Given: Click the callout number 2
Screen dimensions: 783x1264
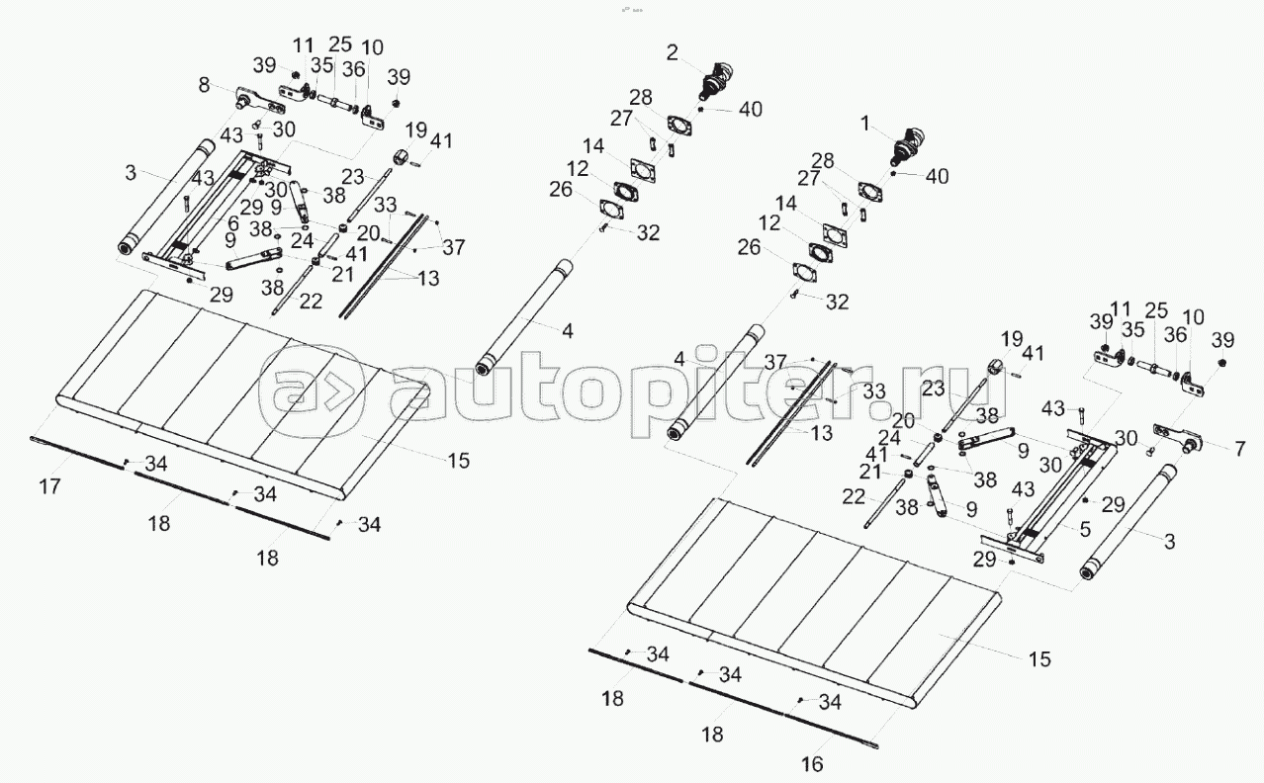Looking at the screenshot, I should pos(672,52).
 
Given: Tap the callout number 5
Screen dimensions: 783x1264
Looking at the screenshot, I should pos(1085,530).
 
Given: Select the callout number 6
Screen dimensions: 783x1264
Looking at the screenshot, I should pos(234,224).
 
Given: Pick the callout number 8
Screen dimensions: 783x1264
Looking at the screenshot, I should pos(205,86).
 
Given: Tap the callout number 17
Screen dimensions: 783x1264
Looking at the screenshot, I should pos(50,486).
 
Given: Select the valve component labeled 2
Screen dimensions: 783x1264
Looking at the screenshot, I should pos(714,78).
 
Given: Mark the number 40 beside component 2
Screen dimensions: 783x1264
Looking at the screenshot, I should pos(751,110).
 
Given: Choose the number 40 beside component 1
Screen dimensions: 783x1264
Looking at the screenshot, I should pos(937,176).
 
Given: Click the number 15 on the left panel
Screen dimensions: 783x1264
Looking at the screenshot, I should pos(458,460).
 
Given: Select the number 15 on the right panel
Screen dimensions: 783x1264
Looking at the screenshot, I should pos(1038,657).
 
